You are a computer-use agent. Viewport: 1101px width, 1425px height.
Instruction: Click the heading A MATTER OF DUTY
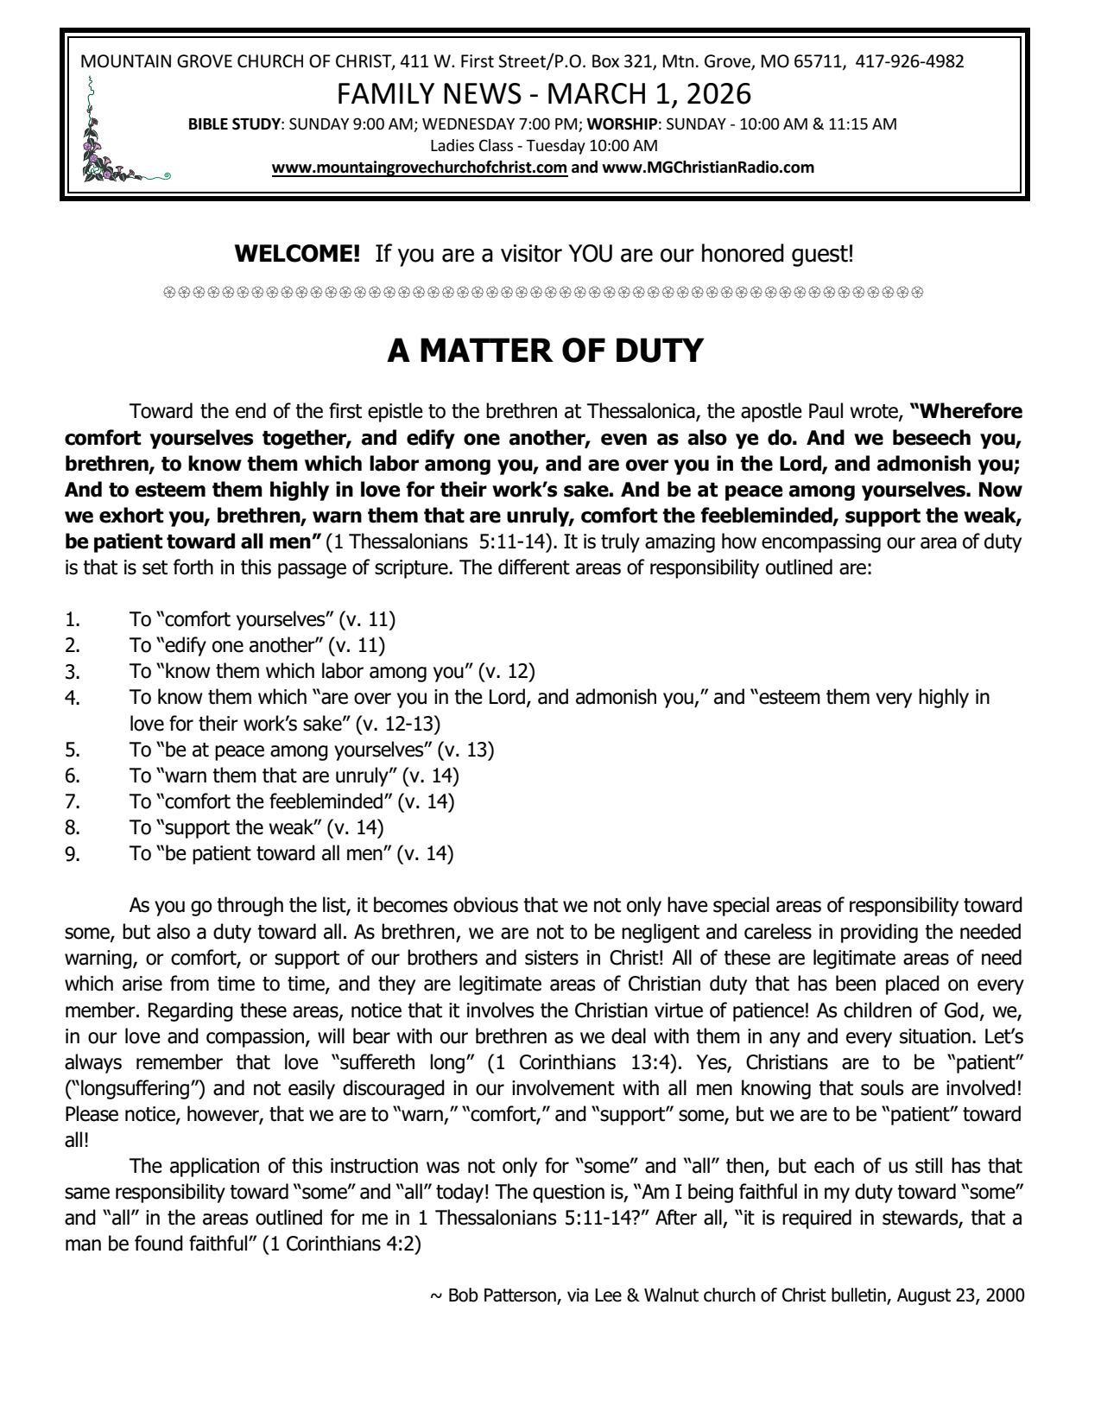coord(545,351)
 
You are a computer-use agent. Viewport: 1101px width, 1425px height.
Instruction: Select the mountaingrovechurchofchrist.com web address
coord(419,168)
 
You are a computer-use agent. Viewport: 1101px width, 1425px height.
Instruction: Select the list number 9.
coord(73,854)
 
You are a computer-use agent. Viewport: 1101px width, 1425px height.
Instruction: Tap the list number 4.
coord(73,698)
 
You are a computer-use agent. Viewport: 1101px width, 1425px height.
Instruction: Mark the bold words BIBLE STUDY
coord(236,123)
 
